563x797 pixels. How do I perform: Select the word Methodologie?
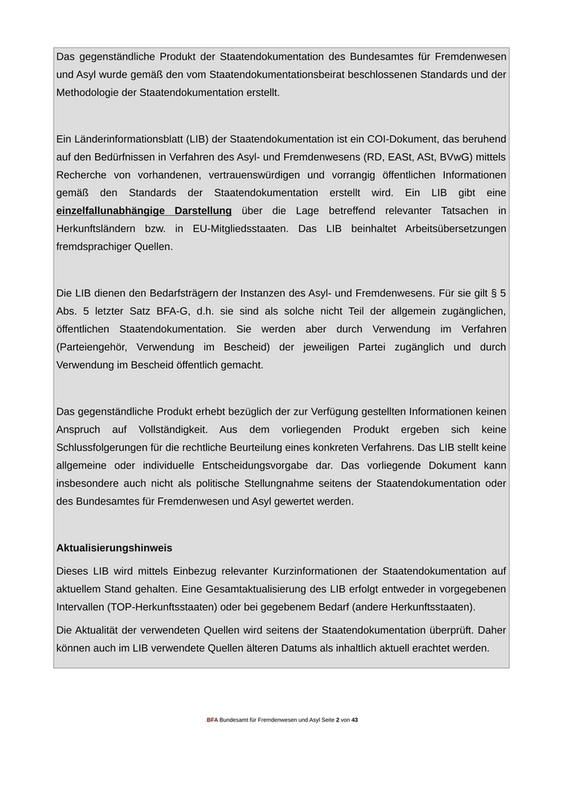(x=89, y=93)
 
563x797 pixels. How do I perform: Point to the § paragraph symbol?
(x=492, y=293)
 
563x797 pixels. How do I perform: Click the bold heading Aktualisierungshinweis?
(x=114, y=547)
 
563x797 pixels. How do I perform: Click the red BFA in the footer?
(x=212, y=720)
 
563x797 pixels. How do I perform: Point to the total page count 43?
(x=355, y=720)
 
